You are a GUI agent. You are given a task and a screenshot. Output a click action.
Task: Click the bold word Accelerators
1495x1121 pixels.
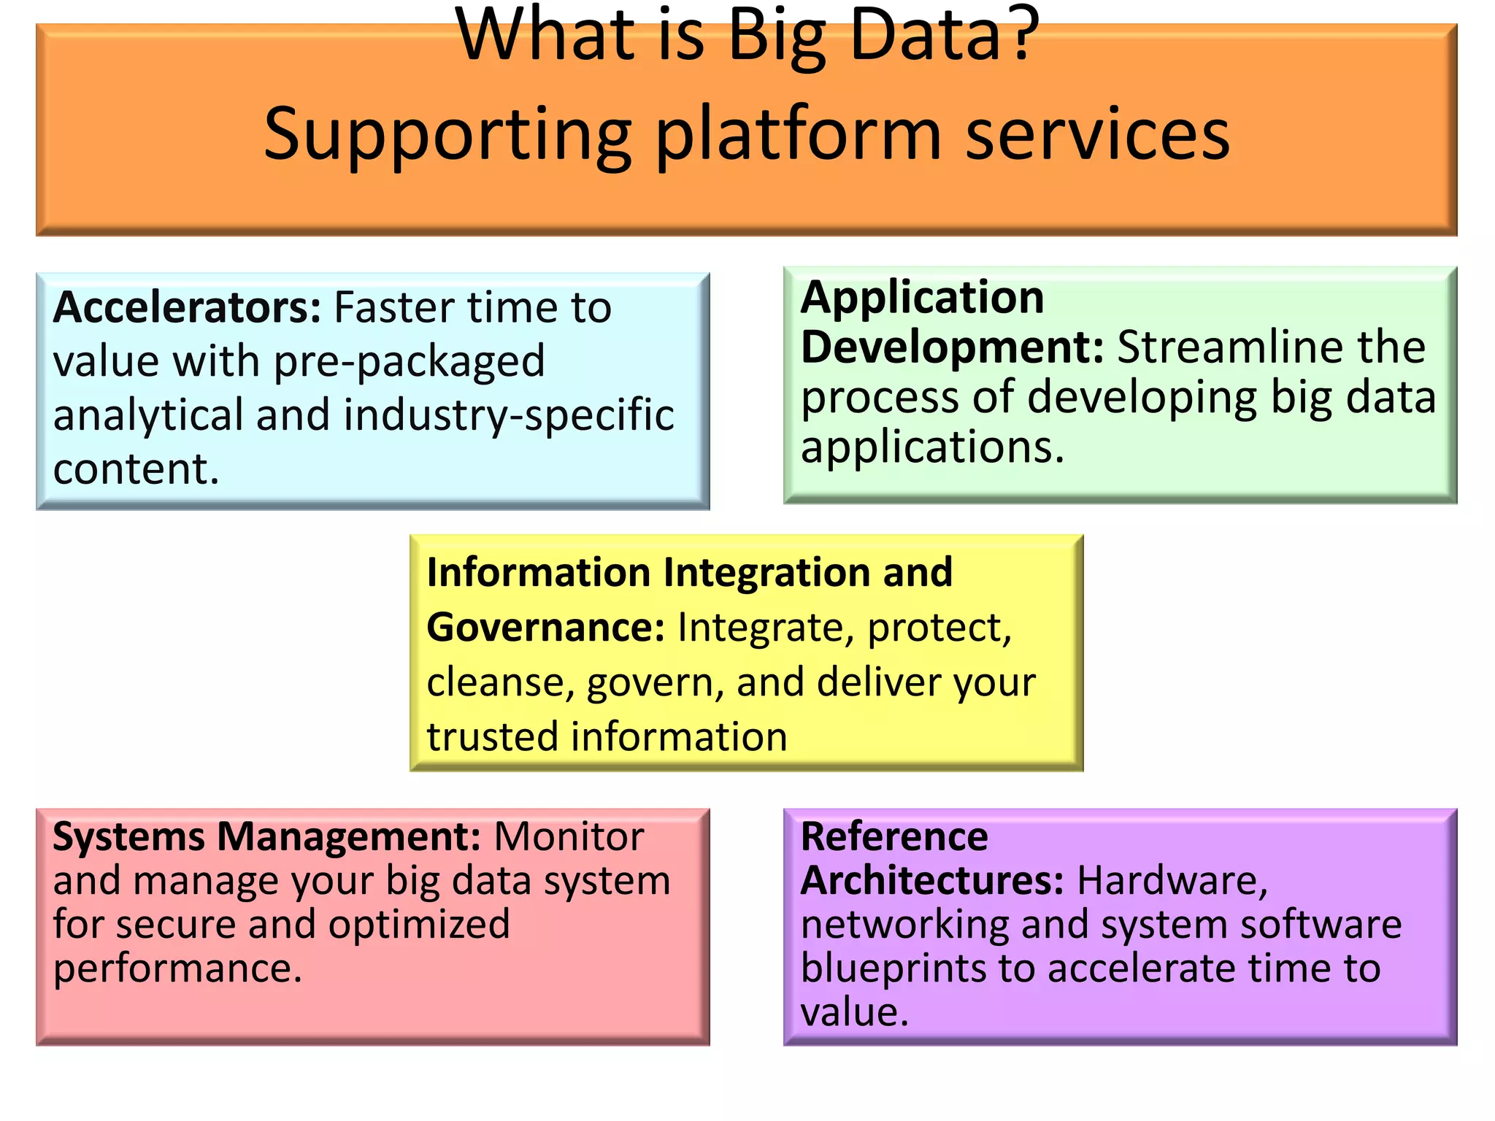point(186,308)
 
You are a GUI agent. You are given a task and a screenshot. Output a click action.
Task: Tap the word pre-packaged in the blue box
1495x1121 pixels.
point(409,362)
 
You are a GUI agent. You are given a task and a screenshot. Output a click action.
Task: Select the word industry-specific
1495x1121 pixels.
point(509,415)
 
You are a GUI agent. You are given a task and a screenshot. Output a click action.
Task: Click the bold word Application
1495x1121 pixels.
point(922,298)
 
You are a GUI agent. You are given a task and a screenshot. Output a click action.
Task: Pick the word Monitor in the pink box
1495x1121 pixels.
point(569,837)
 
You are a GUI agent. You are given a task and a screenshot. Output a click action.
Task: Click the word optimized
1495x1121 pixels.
point(419,925)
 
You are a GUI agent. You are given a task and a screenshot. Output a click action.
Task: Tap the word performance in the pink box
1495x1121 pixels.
point(177,969)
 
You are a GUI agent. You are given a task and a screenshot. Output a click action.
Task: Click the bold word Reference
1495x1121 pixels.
point(894,837)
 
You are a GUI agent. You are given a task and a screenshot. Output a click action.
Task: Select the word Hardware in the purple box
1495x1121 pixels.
point(1172,881)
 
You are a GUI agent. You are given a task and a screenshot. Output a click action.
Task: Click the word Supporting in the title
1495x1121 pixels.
point(447,135)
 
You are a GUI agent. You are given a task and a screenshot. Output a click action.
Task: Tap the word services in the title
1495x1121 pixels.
point(1097,135)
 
